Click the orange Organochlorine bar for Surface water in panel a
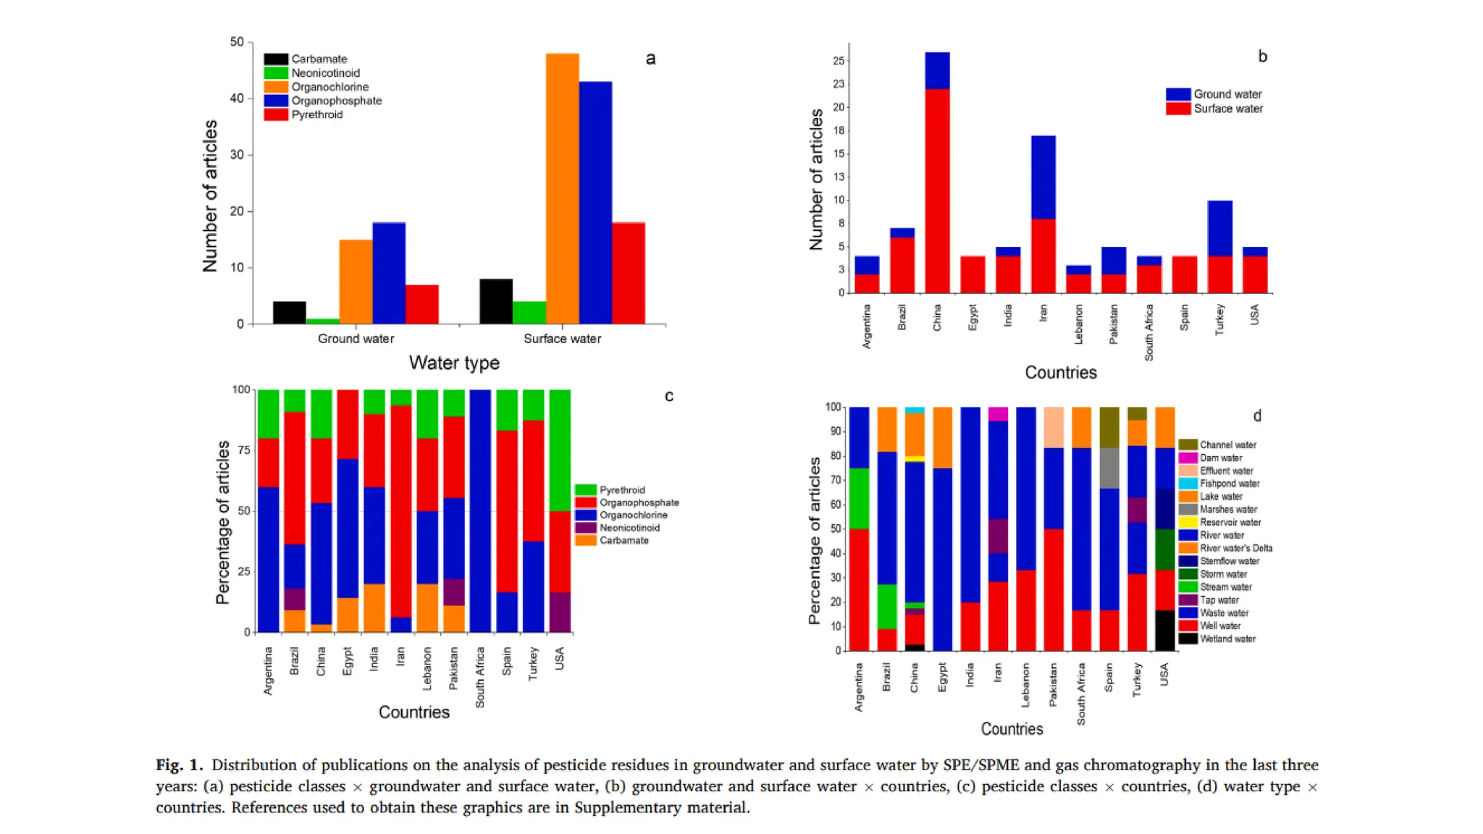(562, 188)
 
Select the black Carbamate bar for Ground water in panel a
(289, 313)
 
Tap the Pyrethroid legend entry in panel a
(316, 114)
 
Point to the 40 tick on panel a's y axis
(237, 98)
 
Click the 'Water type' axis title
(454, 363)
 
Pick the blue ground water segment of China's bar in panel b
(937, 70)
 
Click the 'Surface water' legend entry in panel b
(1227, 109)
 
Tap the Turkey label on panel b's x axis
(1219, 319)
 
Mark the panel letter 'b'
(1262, 56)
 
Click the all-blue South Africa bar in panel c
(480, 510)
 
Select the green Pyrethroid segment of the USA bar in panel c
(560, 449)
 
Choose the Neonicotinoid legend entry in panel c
(629, 528)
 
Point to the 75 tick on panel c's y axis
(244, 450)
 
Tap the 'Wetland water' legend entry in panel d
(1227, 639)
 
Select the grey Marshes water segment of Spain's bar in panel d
(1109, 468)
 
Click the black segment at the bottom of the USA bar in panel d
(1164, 631)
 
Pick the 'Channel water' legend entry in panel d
(1227, 445)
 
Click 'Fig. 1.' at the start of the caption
(179, 765)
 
